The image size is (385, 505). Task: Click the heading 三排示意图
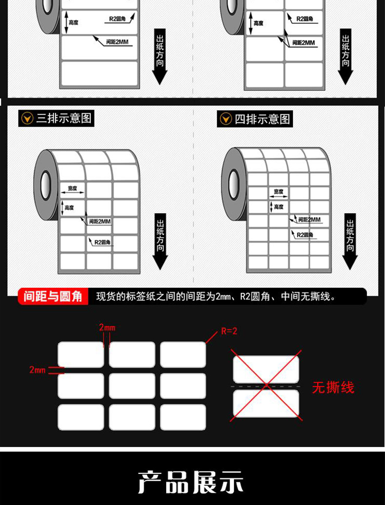(x=64, y=118)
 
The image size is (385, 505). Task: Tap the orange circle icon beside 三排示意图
(x=28, y=118)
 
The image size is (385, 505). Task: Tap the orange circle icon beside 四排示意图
(x=226, y=119)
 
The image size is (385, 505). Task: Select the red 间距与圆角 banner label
(x=53, y=296)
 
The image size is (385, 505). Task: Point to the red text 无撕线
(x=333, y=388)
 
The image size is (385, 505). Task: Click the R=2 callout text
(x=229, y=331)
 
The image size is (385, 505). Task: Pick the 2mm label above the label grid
(x=107, y=328)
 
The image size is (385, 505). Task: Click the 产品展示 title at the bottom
(x=191, y=482)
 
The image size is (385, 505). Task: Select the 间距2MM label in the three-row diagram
(x=99, y=222)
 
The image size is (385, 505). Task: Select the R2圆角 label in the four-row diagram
(x=305, y=235)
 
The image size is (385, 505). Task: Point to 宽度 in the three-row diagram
(x=73, y=188)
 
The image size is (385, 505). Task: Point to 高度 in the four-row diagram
(x=278, y=207)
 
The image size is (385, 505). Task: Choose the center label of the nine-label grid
(x=132, y=386)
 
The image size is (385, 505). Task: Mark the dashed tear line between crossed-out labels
(x=266, y=387)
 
